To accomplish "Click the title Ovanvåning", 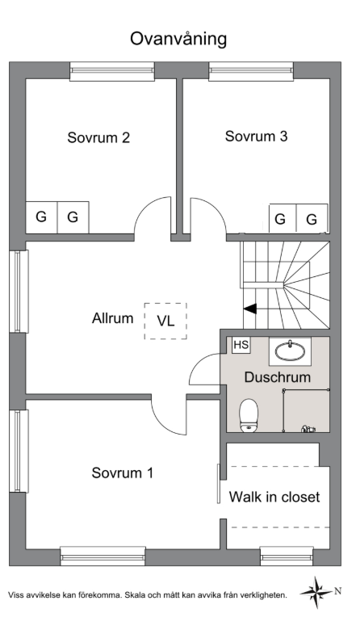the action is (x=178, y=39).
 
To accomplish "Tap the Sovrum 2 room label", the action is (x=98, y=137).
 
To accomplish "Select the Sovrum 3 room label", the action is (x=256, y=137).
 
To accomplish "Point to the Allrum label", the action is (x=112, y=318).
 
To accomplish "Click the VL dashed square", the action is (x=165, y=321).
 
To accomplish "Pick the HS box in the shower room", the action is (x=241, y=345).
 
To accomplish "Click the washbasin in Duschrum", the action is (x=290, y=351).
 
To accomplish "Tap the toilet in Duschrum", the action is (x=249, y=416).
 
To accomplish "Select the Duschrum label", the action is (x=278, y=377).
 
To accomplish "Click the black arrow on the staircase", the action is (x=249, y=309).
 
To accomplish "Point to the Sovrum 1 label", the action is (x=122, y=473).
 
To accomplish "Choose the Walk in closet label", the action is (x=274, y=497).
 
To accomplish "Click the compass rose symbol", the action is (x=316, y=592).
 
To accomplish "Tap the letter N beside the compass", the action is (x=337, y=591).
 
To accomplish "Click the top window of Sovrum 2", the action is (x=112, y=71).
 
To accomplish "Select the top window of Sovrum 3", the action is (x=251, y=71).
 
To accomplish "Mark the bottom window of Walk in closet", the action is (x=287, y=556).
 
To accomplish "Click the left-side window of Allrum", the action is (x=19, y=292).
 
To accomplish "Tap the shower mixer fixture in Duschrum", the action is (x=308, y=429).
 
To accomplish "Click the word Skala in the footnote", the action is (x=134, y=595).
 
